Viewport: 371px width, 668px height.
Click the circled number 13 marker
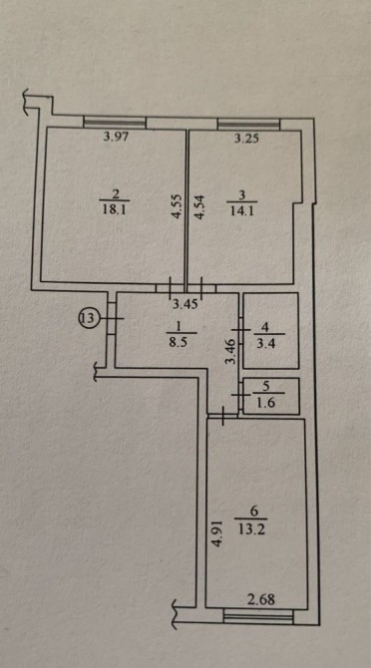click(88, 317)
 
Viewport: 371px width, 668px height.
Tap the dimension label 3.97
click(116, 137)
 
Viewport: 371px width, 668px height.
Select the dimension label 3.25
click(246, 139)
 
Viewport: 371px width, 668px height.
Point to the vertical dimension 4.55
click(177, 207)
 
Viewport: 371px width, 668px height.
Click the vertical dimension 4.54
click(199, 207)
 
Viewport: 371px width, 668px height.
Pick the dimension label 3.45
click(185, 305)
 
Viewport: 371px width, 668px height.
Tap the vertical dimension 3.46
click(230, 351)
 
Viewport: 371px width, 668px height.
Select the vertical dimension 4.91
click(217, 534)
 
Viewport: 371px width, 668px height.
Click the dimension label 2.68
click(261, 600)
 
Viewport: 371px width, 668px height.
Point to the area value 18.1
click(114, 210)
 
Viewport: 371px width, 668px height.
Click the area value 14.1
click(242, 211)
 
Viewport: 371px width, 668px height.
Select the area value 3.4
click(265, 342)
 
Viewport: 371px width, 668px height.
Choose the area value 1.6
click(265, 402)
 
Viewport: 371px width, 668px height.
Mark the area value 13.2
click(250, 530)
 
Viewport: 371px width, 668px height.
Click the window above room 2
click(115, 123)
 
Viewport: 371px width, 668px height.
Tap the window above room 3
click(248, 124)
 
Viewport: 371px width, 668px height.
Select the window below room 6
click(258, 617)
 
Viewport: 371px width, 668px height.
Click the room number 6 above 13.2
click(250, 510)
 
